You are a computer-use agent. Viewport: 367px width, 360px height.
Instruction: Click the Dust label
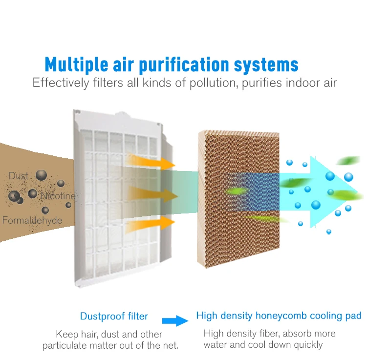(x=19, y=176)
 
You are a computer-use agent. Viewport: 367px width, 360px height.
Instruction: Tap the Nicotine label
(x=58, y=196)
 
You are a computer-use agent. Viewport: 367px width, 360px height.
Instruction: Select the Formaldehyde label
(x=32, y=220)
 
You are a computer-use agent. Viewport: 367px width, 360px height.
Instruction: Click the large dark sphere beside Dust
(x=41, y=175)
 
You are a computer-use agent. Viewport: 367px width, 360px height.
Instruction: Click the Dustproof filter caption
(x=114, y=317)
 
